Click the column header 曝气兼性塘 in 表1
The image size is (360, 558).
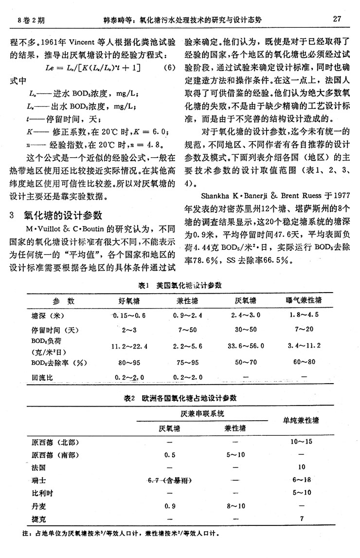(x=303, y=300)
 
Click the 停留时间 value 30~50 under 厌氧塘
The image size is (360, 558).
(x=246, y=330)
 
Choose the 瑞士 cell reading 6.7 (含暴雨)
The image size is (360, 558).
(x=168, y=480)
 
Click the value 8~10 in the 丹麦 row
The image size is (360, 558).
(x=235, y=505)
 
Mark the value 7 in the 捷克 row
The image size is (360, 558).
(x=302, y=518)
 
